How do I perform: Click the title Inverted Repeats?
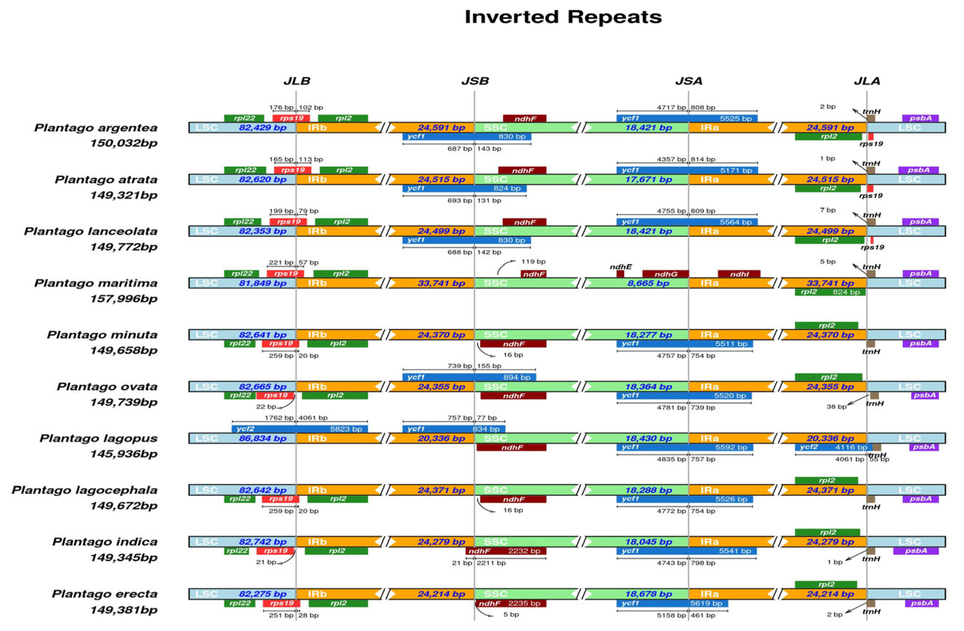pos(563,17)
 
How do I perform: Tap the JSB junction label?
pos(475,81)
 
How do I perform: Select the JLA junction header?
pos(867,81)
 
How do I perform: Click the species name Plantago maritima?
pos(96,283)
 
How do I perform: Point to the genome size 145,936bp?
pos(123,454)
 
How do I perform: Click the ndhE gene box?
pos(620,274)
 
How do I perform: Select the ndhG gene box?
pos(665,274)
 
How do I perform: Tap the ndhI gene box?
pos(739,274)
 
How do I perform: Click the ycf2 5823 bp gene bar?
pos(299,429)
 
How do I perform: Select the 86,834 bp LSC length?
pos(263,439)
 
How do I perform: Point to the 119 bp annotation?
pos(533,261)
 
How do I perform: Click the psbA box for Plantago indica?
pos(915,551)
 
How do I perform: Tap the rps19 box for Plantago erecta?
pos(281,603)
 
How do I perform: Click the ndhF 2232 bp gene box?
pos(506,551)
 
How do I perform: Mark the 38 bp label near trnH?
pos(836,407)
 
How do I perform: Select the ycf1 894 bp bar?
pos(469,377)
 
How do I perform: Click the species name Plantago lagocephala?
pos(85,490)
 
